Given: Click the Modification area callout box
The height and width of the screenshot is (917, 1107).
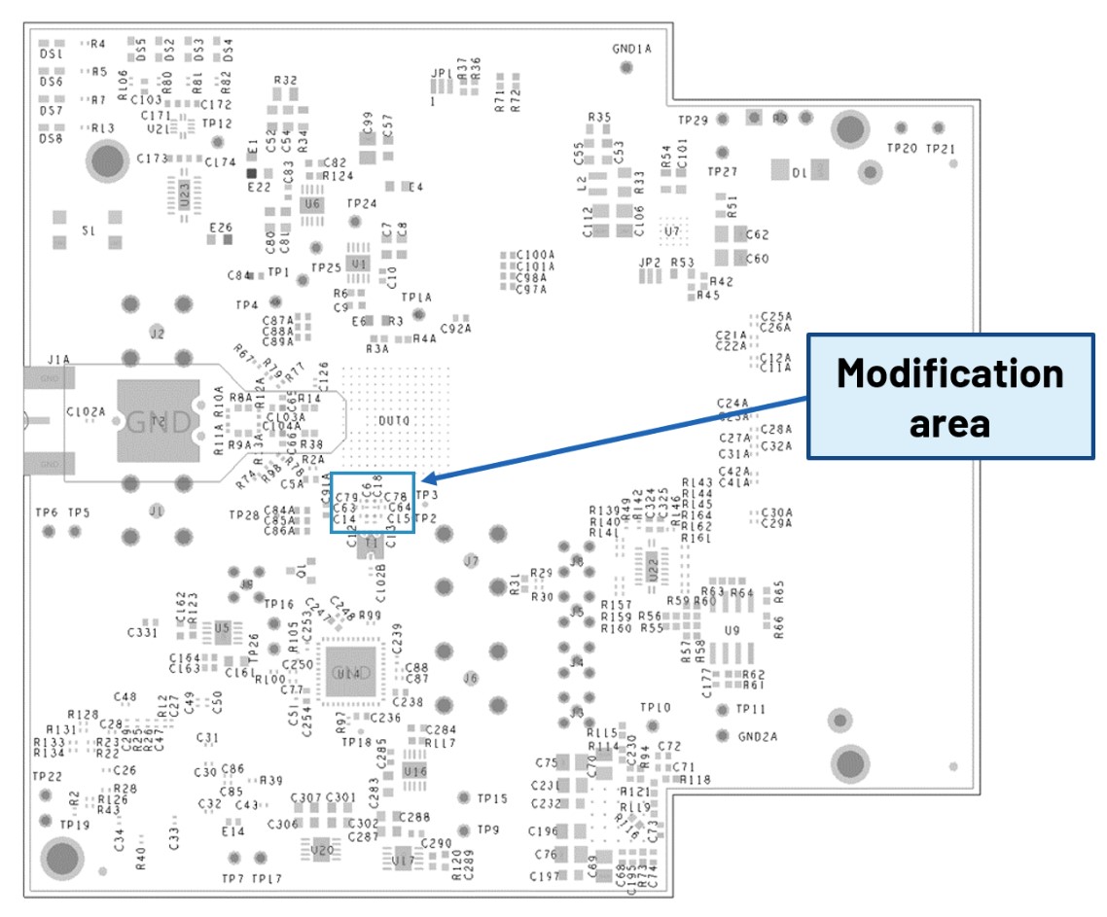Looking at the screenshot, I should tap(950, 396).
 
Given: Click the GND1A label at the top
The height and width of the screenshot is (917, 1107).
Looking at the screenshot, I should tap(631, 48).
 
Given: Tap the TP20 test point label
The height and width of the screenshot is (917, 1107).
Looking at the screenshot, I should tap(902, 149).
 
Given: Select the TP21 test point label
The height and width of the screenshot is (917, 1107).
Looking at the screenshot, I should tap(940, 149).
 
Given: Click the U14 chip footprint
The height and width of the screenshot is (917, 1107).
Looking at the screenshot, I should tap(346, 672).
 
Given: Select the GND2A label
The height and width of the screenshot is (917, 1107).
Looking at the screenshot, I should tap(758, 736).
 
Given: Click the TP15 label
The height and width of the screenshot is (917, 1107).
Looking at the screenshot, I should tap(491, 798).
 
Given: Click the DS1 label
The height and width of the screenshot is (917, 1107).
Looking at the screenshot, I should tap(51, 55).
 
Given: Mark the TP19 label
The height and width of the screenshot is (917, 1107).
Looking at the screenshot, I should tap(74, 825).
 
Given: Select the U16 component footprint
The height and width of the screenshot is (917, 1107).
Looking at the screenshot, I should tap(415, 770).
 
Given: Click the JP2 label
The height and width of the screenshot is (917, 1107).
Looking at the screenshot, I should tap(649, 263).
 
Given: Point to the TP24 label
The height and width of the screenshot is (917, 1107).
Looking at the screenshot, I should tap(362, 204).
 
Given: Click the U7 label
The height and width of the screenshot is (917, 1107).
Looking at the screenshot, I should tap(671, 231).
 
